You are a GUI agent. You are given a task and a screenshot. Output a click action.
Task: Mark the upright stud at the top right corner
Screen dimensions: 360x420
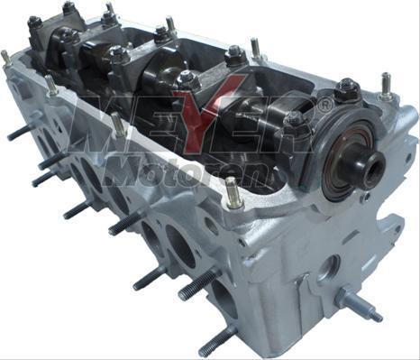pos(386,87)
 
